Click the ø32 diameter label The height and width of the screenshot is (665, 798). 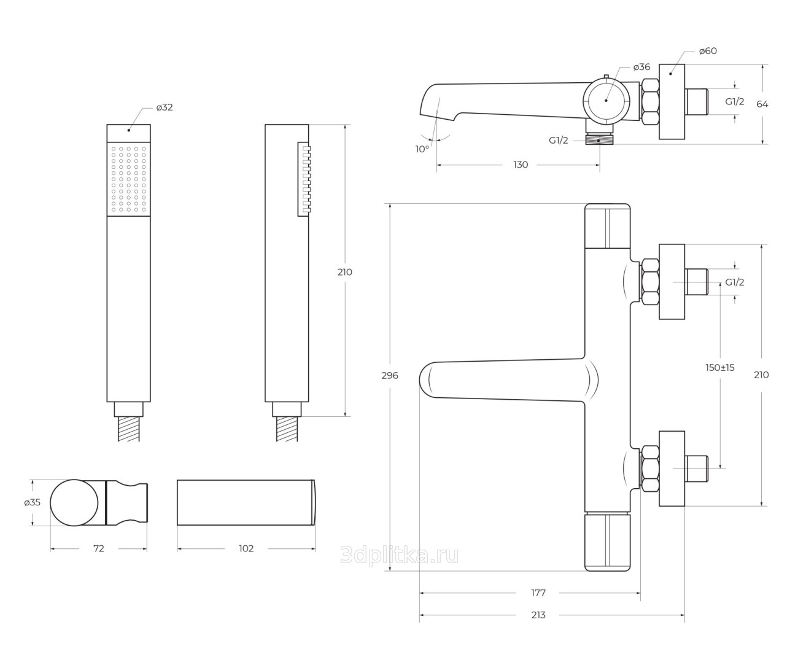click(165, 107)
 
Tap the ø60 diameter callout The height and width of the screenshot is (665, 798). click(708, 51)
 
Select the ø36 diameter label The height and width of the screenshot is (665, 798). click(641, 67)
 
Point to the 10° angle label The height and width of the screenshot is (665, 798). click(422, 149)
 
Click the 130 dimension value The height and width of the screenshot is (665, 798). click(521, 165)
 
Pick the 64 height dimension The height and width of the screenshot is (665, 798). click(762, 104)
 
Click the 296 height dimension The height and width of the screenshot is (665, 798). click(390, 375)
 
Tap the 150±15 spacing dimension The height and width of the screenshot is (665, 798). click(720, 368)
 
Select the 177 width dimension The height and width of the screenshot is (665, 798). click(538, 593)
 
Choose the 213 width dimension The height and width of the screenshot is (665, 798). click(538, 615)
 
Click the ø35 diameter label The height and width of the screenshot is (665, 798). click(33, 502)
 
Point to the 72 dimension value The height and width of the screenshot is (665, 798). click(99, 548)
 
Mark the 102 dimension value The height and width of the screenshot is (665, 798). click(246, 548)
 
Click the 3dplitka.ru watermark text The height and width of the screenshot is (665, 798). click(399, 556)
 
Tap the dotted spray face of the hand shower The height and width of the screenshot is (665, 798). click(128, 179)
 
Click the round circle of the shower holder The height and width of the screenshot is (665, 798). click(74, 502)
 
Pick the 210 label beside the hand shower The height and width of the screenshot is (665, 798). click(345, 272)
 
